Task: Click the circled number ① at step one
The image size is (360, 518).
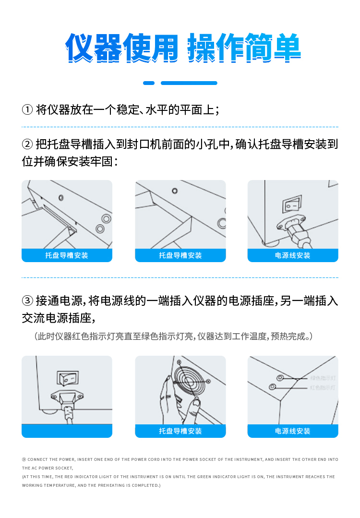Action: tap(27, 110)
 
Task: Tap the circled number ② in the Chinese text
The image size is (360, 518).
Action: tap(27, 144)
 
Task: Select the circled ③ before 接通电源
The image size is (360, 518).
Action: tap(27, 301)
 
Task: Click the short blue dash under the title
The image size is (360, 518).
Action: tap(149, 83)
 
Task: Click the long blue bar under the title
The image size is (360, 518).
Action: tap(189, 83)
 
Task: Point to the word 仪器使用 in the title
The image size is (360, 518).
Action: tap(122, 48)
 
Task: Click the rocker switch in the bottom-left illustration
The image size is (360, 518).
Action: tap(67, 378)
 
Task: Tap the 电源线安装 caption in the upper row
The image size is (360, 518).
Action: tap(293, 255)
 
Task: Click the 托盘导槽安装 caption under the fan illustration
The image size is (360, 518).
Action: tap(180, 431)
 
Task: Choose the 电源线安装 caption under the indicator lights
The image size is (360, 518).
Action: tap(293, 431)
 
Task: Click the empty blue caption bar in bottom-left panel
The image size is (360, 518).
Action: tap(67, 431)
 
